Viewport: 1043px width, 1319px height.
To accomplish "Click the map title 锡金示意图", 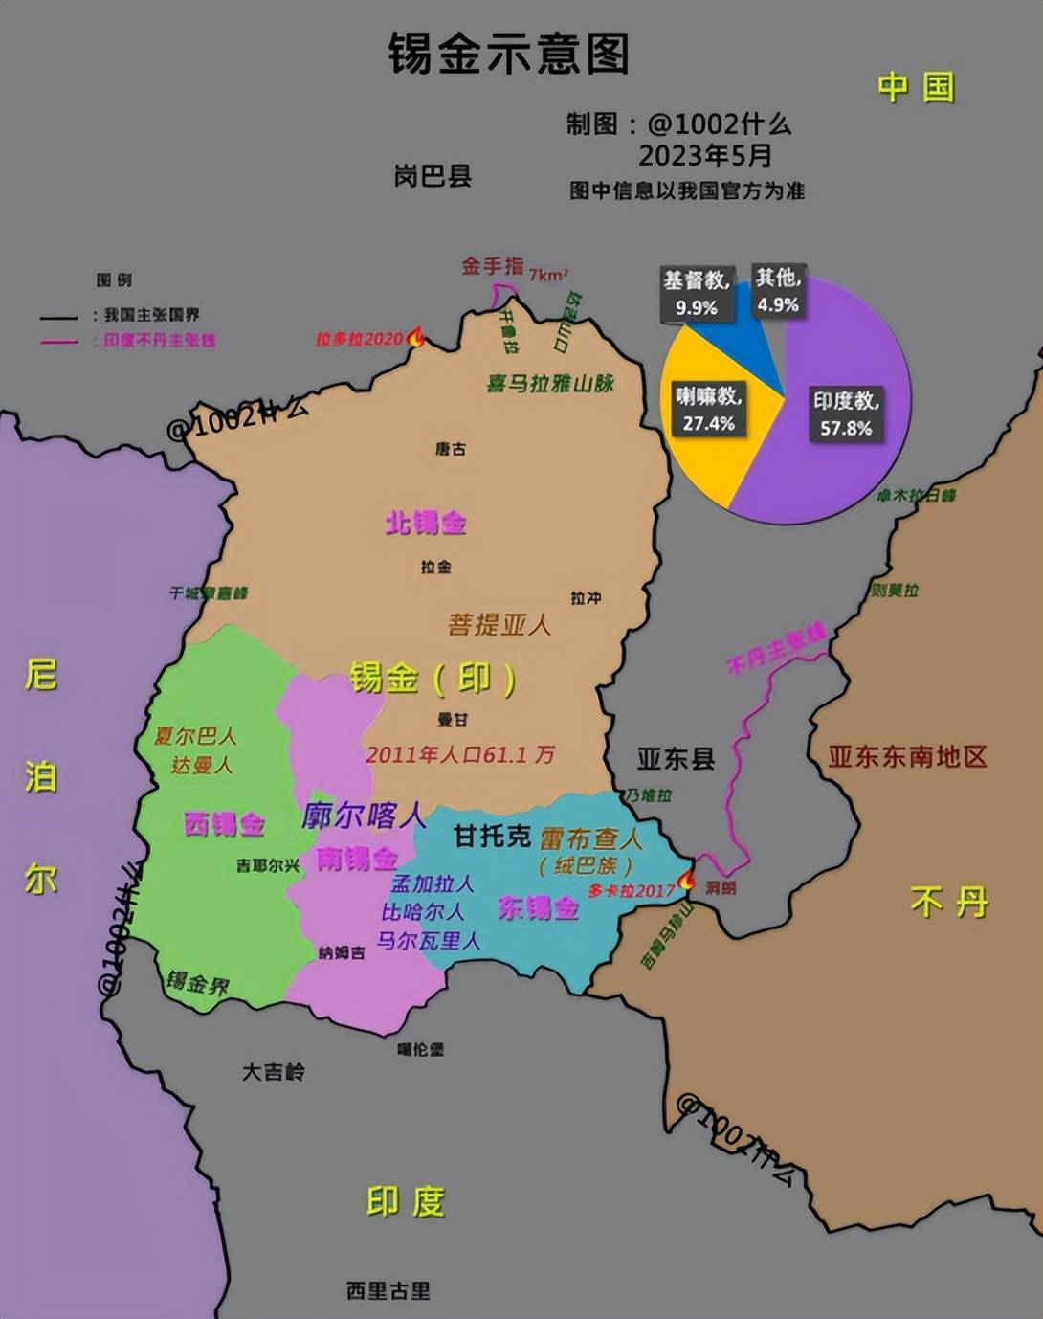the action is tap(508, 54).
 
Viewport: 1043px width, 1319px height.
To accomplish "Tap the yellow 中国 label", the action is tap(916, 88).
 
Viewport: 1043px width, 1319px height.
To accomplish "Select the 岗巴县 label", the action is tap(433, 176).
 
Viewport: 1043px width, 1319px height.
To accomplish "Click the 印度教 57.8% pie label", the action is tap(846, 414).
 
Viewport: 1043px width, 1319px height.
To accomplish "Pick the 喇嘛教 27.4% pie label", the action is tap(708, 409).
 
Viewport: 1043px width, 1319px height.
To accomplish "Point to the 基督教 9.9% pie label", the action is tap(697, 293).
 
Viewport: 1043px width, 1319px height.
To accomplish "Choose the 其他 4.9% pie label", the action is tap(778, 291).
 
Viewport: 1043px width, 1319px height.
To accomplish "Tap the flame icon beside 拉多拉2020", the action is tap(416, 337).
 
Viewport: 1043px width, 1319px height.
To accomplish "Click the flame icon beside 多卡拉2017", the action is tap(686, 880).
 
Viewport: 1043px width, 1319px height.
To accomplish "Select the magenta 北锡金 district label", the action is tap(426, 523).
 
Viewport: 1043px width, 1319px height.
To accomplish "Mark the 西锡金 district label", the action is tap(224, 824).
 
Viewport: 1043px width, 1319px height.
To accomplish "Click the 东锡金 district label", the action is tap(539, 907).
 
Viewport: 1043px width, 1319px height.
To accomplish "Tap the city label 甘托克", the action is tap(492, 836).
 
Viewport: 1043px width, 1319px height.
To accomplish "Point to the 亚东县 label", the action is tap(676, 759).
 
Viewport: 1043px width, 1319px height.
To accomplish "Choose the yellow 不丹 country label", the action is tap(948, 902).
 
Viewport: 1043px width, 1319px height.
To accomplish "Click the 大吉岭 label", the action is tap(274, 1071).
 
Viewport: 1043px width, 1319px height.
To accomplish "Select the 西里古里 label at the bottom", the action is tap(388, 1290).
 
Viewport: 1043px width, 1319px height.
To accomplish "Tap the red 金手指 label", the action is tap(493, 266).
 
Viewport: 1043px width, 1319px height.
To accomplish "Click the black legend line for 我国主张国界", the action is tap(58, 316).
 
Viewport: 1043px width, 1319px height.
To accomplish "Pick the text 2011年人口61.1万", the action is tap(459, 754).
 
